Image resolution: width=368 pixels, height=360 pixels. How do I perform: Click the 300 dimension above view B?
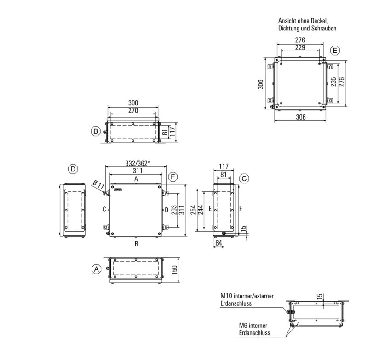pyautogui.click(x=133, y=103)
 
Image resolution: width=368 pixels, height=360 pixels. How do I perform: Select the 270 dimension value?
pyautogui.click(x=133, y=111)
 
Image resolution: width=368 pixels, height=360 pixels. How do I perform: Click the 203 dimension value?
pyautogui.click(x=173, y=210)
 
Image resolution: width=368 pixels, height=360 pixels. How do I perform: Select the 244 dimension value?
pyautogui.click(x=201, y=210)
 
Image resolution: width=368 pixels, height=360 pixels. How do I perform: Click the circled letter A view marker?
pyautogui.click(x=96, y=269)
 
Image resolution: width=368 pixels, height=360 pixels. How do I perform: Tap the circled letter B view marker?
pyautogui.click(x=95, y=131)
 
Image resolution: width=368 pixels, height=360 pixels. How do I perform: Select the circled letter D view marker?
pyautogui.click(x=73, y=170)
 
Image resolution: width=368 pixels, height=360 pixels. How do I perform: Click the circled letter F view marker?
pyautogui.click(x=172, y=177)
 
